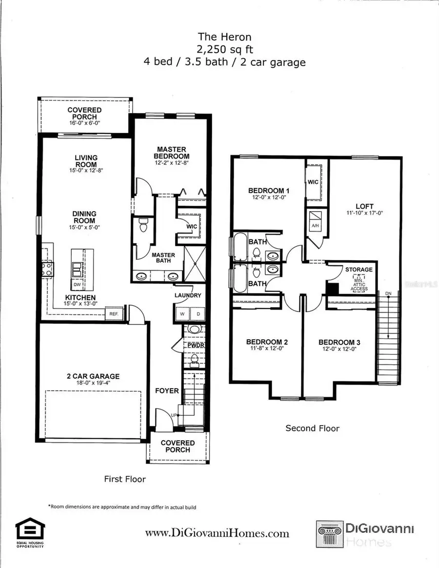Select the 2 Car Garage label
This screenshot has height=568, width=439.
93,376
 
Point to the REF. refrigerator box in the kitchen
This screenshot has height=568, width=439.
114,314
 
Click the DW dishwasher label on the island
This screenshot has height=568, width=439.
77,284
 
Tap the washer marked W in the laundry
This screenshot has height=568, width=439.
181,314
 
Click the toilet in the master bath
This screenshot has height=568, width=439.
143,226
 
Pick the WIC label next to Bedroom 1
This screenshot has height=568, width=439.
313,181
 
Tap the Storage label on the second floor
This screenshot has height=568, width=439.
359,269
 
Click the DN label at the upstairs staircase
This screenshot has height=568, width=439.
388,294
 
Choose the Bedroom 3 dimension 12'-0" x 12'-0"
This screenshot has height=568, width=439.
339,349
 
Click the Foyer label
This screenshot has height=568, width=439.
167,391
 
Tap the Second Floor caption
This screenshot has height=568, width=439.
312,429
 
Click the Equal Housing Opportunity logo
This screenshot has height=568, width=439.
30,532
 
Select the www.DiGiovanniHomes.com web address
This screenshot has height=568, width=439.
217,533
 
